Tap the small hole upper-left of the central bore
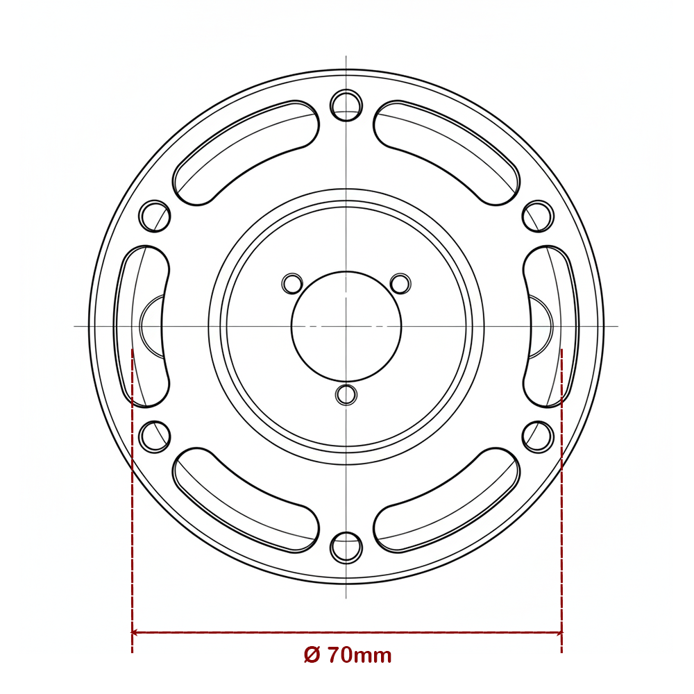click(x=292, y=283)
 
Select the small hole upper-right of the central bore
click(x=400, y=283)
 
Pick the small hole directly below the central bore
click(x=346, y=395)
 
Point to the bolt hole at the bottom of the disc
click(x=346, y=548)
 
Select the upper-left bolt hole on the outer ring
click(x=155, y=216)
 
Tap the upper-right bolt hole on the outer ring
click(x=538, y=216)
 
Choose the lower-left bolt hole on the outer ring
click(x=155, y=437)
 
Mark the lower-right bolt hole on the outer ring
click(x=538, y=437)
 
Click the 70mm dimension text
click(x=359, y=654)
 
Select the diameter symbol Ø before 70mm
click(x=312, y=654)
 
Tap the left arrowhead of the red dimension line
click(x=136, y=632)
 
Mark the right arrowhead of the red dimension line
click(x=557, y=632)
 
